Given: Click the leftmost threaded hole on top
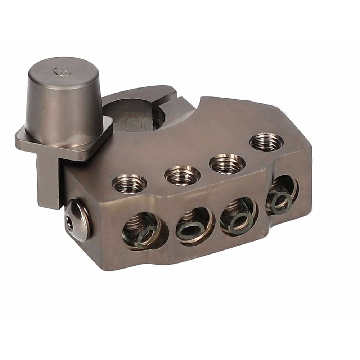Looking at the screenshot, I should (x=129, y=183).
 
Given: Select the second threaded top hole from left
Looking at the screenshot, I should (x=182, y=175).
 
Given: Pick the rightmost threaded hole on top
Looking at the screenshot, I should (x=266, y=142).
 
